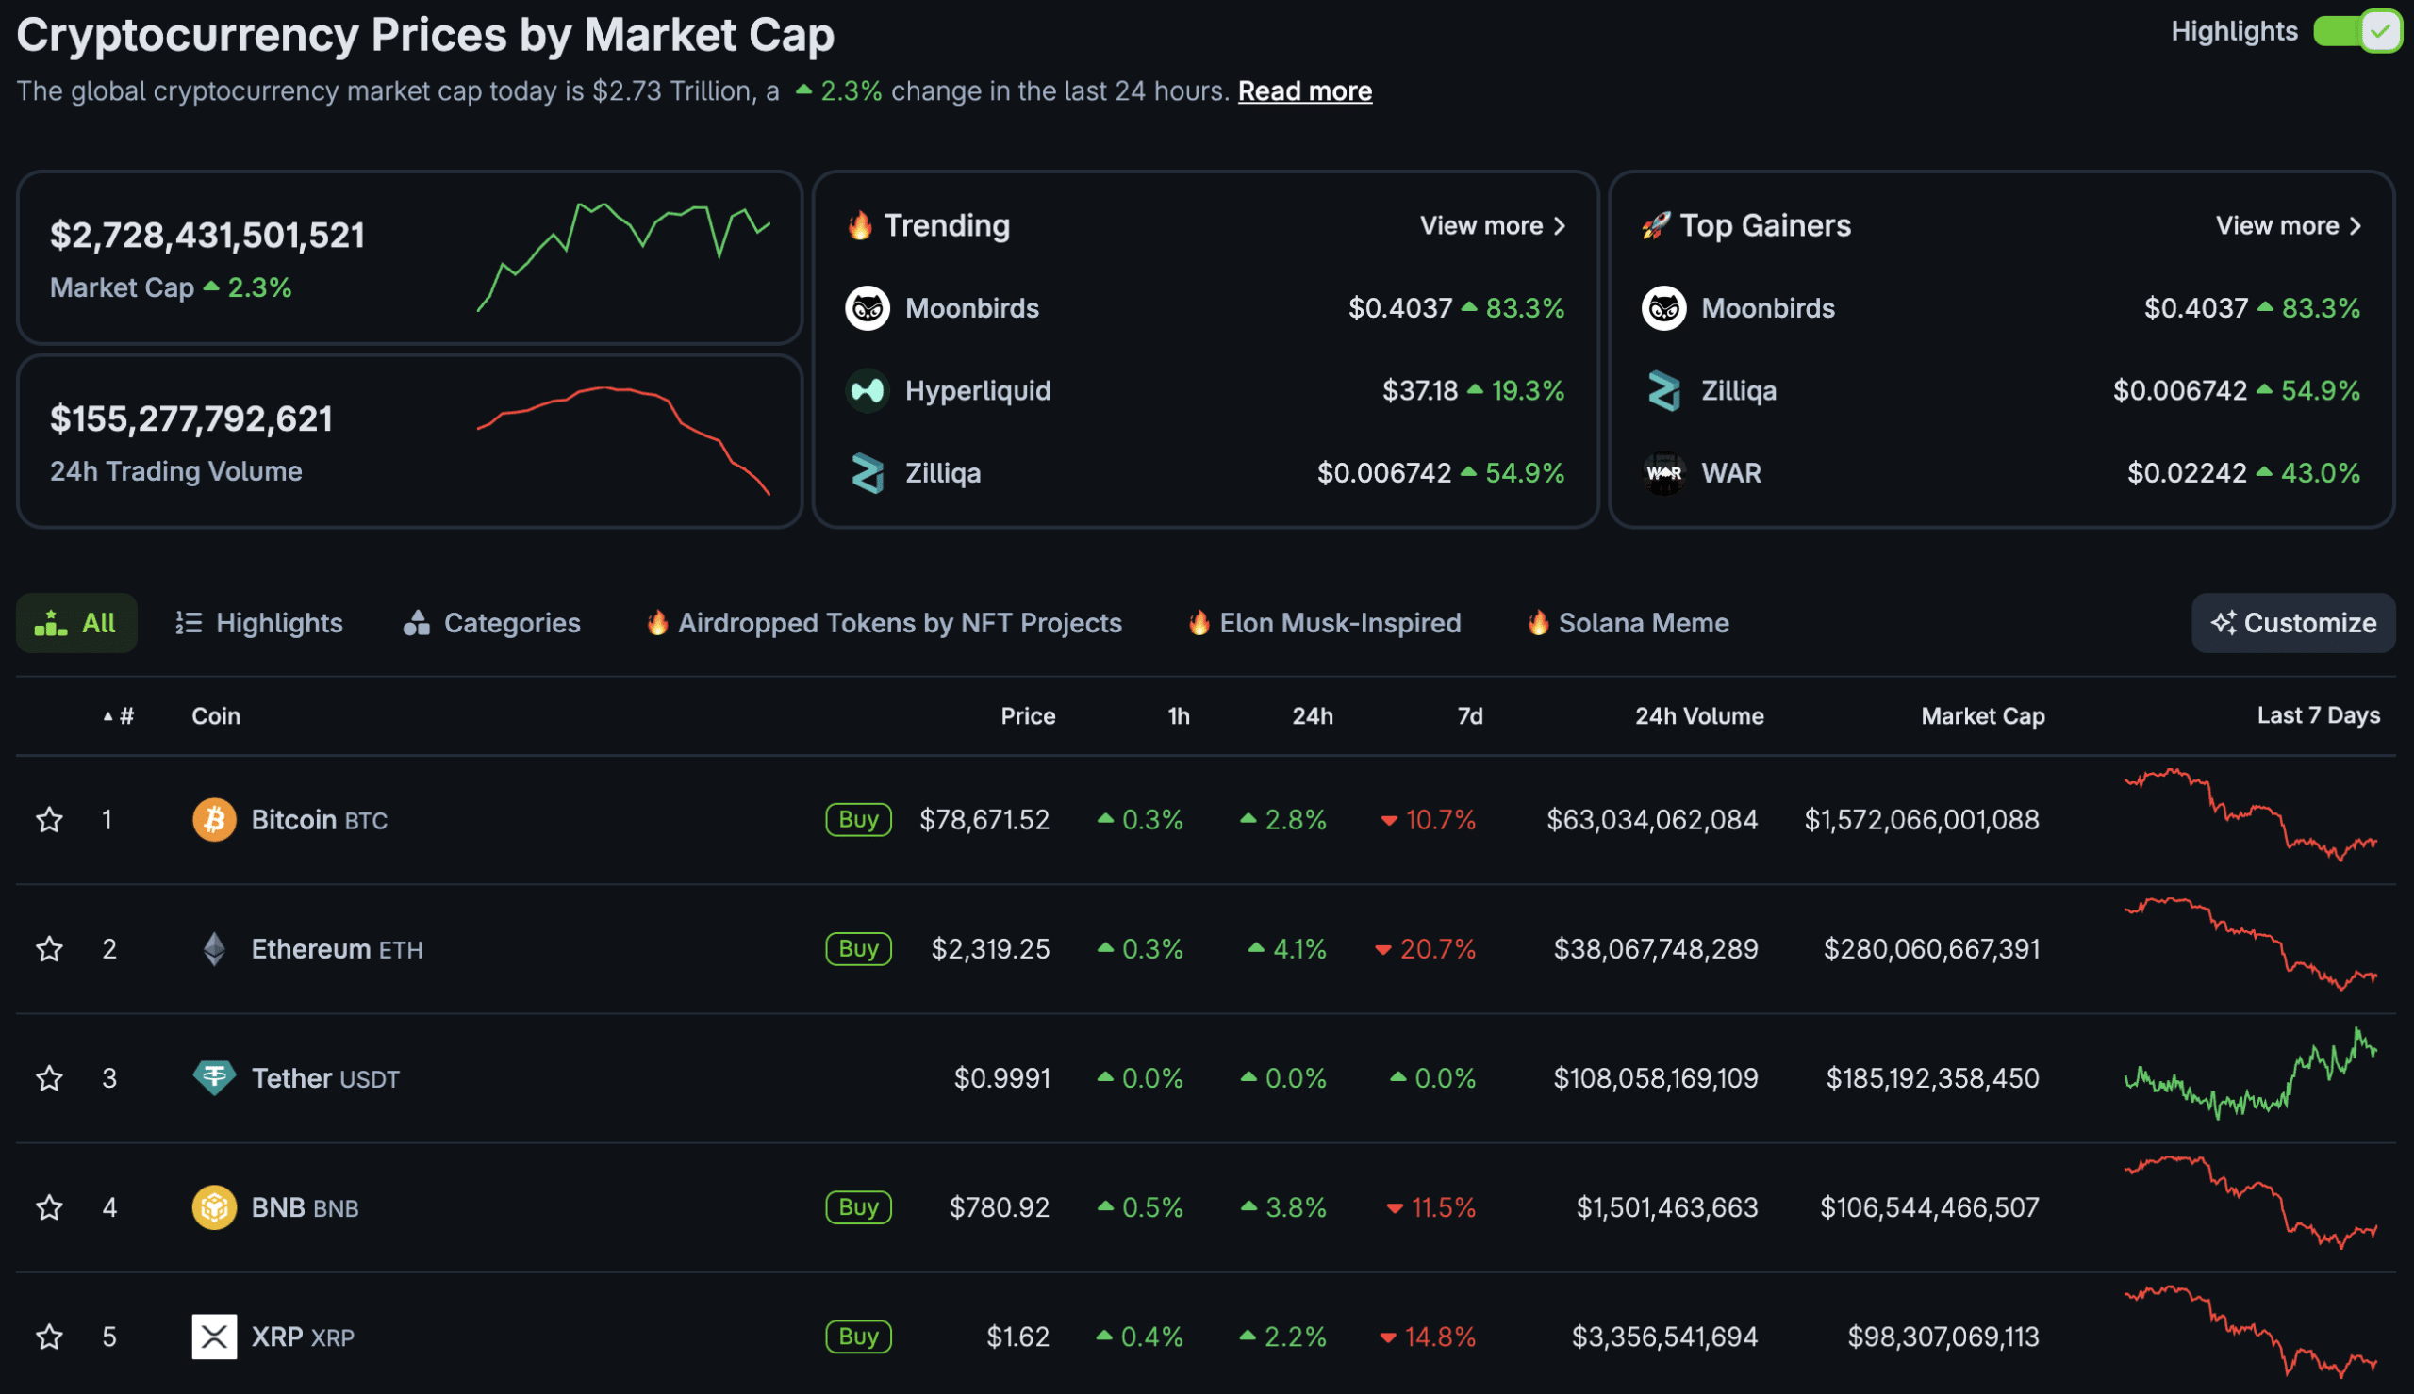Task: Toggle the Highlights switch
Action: point(2356,32)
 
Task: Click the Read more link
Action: point(1304,91)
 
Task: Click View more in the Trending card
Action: point(1492,226)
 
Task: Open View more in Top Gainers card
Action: point(2288,226)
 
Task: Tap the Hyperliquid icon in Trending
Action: point(868,390)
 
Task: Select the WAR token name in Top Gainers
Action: point(1730,473)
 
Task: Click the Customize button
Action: point(2292,623)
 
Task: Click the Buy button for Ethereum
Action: point(858,949)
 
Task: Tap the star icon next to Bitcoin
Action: point(50,820)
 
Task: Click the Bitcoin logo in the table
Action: point(213,820)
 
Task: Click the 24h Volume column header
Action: point(1697,716)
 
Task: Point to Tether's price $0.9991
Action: point(1000,1078)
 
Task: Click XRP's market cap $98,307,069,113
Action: point(1943,1337)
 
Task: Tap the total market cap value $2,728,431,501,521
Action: point(207,236)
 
